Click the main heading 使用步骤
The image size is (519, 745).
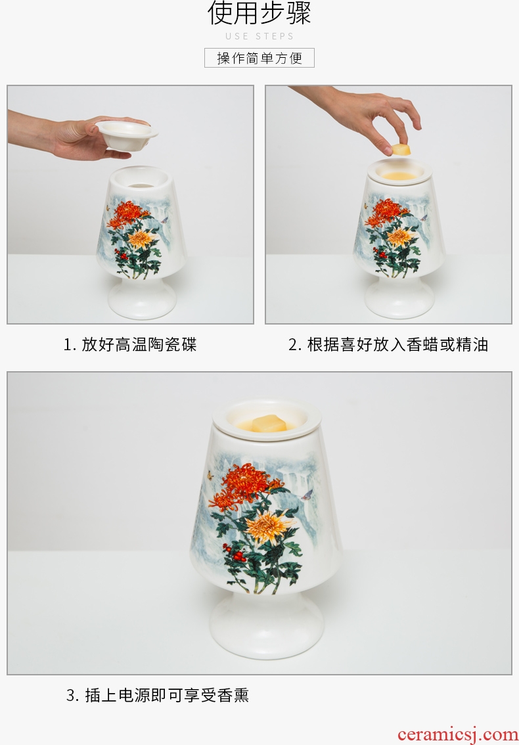(x=259, y=13)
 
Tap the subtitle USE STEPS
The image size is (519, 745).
(x=259, y=36)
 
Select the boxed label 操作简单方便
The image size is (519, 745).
(x=259, y=58)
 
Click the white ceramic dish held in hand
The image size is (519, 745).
(x=126, y=135)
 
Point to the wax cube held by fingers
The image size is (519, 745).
(x=401, y=150)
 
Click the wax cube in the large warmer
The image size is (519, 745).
(x=269, y=423)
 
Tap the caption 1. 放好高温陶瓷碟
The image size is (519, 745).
(x=130, y=344)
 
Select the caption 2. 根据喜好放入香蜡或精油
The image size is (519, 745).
(x=388, y=344)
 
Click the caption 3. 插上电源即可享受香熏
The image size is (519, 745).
(x=158, y=695)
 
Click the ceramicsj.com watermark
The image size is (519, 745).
(x=458, y=734)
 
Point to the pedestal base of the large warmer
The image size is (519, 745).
(x=267, y=625)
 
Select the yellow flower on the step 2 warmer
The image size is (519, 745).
(x=400, y=237)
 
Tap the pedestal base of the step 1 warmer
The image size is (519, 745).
(x=142, y=298)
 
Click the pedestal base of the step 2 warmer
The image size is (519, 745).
(x=399, y=298)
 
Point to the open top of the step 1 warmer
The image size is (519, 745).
(x=140, y=177)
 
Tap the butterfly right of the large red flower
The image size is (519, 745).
(x=307, y=495)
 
